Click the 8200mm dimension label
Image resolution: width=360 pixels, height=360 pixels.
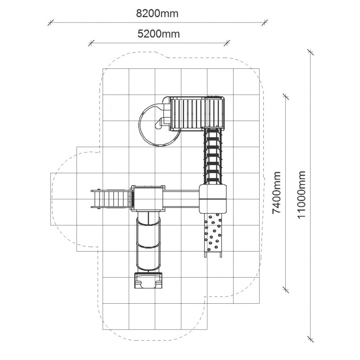pos(157,13)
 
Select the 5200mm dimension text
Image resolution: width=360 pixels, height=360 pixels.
pos(159,34)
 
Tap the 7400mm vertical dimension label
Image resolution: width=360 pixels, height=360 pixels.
pos(276,193)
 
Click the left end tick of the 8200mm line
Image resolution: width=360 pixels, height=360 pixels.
pos(51,22)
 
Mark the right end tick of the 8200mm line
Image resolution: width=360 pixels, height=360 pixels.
pos(265,22)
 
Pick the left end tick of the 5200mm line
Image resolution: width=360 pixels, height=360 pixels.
pos(91,43)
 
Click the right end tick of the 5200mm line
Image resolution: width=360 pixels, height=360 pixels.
pos(227,43)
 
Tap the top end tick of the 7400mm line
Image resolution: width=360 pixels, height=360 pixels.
pos(286,96)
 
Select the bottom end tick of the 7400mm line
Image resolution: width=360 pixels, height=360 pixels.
pos(286,290)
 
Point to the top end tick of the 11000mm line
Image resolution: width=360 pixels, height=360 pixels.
pos(310,52)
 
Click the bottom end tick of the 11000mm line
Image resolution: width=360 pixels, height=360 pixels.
pos(310,339)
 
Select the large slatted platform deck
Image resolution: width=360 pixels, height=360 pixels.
pos(197,114)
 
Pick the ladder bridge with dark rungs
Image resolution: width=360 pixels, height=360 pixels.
pos(213,156)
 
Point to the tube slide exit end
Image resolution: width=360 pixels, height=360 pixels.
pos(148,280)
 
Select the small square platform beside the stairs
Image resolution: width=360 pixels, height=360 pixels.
pos(148,198)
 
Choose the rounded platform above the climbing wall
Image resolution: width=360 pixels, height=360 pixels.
pos(212,198)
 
